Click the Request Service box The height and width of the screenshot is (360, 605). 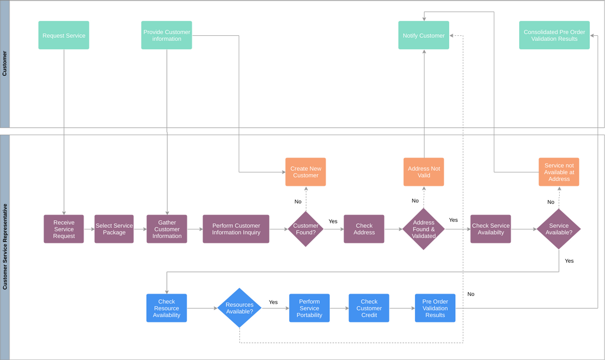64,35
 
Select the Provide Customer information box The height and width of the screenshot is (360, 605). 166,35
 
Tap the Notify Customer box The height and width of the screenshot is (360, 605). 423,35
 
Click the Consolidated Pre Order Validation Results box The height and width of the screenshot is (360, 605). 554,35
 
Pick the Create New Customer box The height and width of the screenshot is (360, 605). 306,172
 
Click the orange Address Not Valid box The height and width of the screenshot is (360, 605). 423,172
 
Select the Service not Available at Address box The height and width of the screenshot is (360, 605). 559,172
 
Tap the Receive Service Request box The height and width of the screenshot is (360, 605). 64,229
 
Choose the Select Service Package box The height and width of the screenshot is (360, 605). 114,229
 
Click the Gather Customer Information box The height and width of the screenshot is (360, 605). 167,229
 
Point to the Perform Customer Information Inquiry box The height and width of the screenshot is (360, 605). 236,229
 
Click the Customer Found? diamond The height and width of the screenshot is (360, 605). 306,229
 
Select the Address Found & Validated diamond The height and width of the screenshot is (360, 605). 423,229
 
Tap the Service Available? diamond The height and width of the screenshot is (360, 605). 559,229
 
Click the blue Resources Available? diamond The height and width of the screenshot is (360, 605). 239,308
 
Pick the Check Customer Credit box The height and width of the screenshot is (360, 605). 369,308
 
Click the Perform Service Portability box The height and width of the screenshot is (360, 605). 309,308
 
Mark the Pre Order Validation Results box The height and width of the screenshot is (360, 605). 435,308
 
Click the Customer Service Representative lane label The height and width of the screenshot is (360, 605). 5,247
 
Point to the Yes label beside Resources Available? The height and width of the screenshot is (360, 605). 273,302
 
